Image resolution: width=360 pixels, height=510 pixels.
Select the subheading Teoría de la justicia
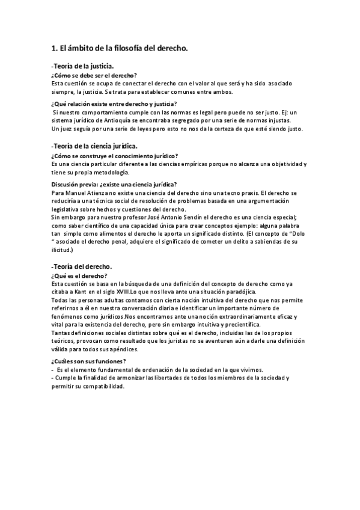[x=84, y=66]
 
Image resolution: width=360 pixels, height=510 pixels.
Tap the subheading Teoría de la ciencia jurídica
[x=95, y=146]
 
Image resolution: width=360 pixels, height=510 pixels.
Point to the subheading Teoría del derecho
[x=82, y=266]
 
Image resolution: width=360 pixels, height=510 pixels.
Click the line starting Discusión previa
[x=114, y=184]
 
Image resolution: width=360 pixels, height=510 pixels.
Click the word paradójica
[x=242, y=292]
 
